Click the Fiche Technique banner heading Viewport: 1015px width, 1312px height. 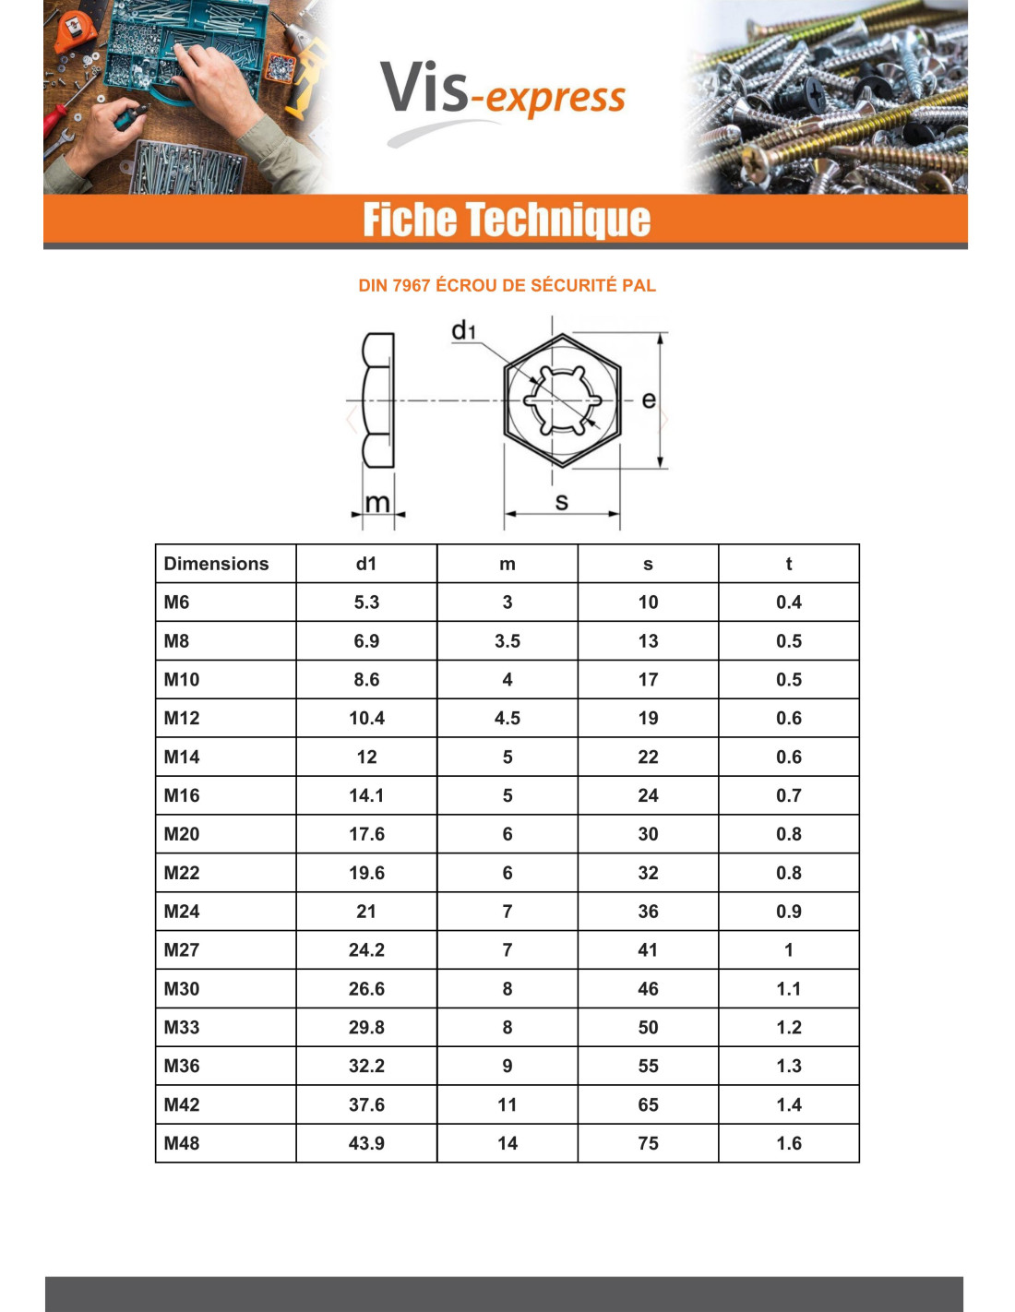tap(507, 221)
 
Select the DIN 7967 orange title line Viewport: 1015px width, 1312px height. tap(507, 286)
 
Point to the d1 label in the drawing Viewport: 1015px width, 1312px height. tap(463, 330)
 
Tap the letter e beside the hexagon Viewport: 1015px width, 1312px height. tap(649, 400)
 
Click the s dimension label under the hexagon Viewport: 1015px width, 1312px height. tap(561, 502)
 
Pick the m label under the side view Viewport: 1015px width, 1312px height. tap(377, 503)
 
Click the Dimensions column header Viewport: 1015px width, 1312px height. tap(217, 564)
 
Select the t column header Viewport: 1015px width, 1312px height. tap(789, 564)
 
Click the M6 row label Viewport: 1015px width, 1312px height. tap(177, 602)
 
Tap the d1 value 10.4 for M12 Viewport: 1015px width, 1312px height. tap(366, 718)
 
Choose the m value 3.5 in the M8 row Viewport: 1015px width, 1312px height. tap(507, 641)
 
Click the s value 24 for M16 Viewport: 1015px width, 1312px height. tap(648, 795)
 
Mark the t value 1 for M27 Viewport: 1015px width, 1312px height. tap(789, 949)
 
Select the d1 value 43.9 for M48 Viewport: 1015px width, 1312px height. tap(366, 1143)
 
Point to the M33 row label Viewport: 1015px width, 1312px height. tap(182, 1027)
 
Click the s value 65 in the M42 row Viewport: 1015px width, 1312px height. tap(648, 1104)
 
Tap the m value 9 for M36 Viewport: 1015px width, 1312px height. tap(507, 1066)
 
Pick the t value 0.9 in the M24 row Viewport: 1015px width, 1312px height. tap(789, 912)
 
